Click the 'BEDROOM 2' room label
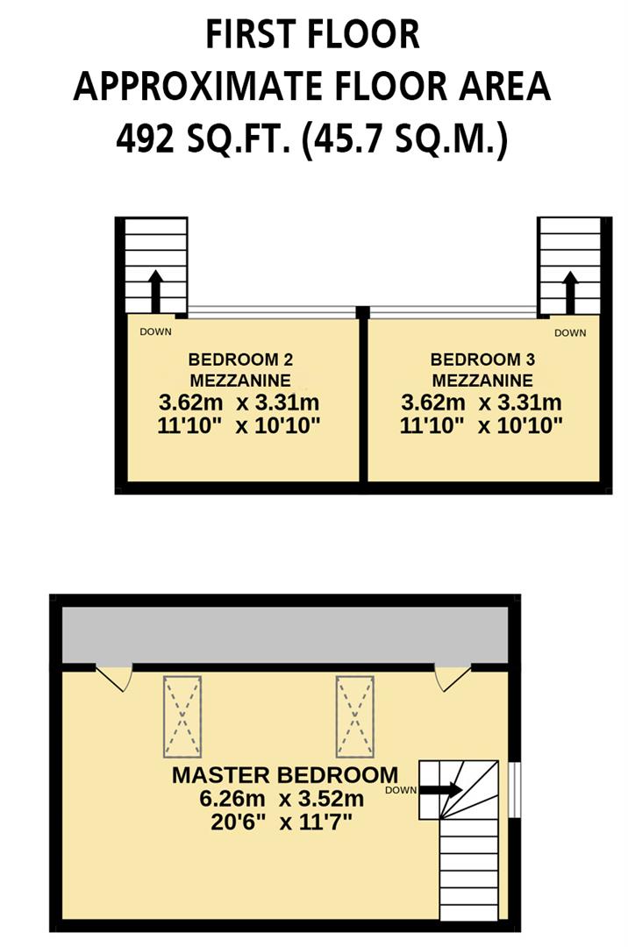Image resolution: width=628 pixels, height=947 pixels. pyautogui.click(x=240, y=359)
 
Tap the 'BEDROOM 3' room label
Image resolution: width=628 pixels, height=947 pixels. pyautogui.click(x=482, y=359)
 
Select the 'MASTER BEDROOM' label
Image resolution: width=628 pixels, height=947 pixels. pyautogui.click(x=284, y=775)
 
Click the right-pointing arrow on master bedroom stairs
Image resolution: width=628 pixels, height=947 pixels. pyautogui.click(x=441, y=789)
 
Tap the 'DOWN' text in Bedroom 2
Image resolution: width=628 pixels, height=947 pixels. pyautogui.click(x=156, y=331)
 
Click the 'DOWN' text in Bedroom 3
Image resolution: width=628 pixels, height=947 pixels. pyautogui.click(x=570, y=332)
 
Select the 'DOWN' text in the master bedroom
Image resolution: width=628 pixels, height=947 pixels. pyautogui.click(x=400, y=790)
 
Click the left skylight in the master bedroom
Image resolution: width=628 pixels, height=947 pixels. pyautogui.click(x=182, y=716)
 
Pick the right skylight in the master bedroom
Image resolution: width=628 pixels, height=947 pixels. pyautogui.click(x=354, y=716)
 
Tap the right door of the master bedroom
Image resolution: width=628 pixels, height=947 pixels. pyautogui.click(x=453, y=676)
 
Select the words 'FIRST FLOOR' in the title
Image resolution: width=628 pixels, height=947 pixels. pyautogui.click(x=313, y=35)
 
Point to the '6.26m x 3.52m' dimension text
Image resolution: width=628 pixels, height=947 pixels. pyautogui.click(x=282, y=799)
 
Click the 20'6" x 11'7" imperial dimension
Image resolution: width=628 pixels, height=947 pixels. pyautogui.click(x=282, y=822)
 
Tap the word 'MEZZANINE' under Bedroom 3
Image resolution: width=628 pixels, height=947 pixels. pyautogui.click(x=482, y=381)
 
